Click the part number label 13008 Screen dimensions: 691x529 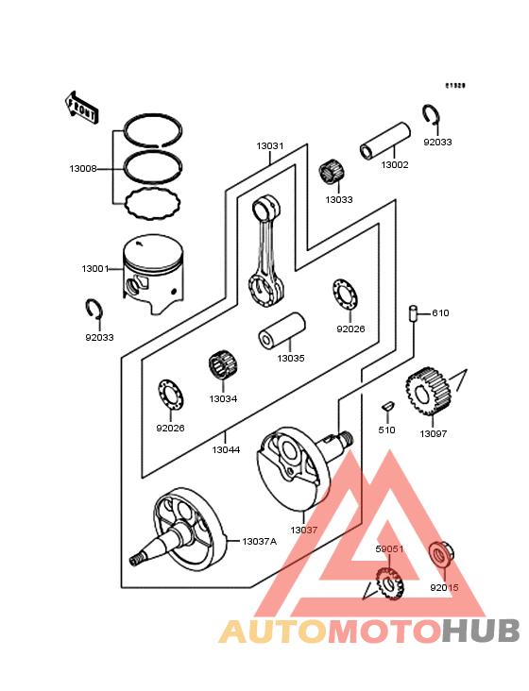coord(83,168)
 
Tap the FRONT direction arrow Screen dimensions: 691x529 coord(82,106)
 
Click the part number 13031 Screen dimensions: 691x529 coord(269,147)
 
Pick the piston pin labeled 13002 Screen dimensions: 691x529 coord(384,140)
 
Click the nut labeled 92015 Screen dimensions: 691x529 coord(441,556)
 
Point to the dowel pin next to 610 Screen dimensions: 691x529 coord(414,313)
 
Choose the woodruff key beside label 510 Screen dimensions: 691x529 coord(385,405)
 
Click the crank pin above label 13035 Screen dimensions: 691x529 coord(283,332)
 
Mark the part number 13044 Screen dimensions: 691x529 coord(226,450)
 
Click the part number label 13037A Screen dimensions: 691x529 coord(259,541)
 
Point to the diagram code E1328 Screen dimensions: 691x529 coord(457,85)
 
